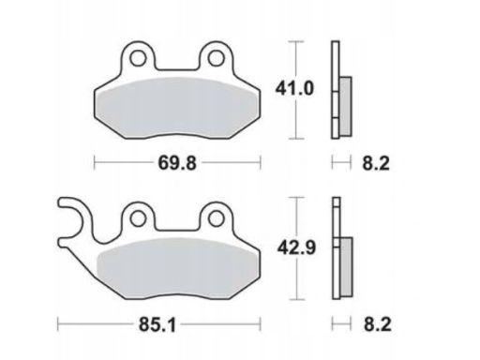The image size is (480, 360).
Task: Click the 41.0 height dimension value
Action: (294, 89)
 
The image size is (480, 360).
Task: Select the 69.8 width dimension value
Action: (177, 163)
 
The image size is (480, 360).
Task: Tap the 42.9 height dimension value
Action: (296, 248)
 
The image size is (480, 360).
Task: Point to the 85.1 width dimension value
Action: (157, 324)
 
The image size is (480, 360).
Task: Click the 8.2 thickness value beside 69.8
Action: (376, 163)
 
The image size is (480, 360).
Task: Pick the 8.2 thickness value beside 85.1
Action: (377, 324)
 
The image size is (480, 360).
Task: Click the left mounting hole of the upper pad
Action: (138, 58)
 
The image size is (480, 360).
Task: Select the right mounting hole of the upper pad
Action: (217, 58)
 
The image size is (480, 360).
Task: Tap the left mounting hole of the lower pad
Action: (138, 218)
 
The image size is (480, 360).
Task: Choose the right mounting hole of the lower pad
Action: (217, 218)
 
